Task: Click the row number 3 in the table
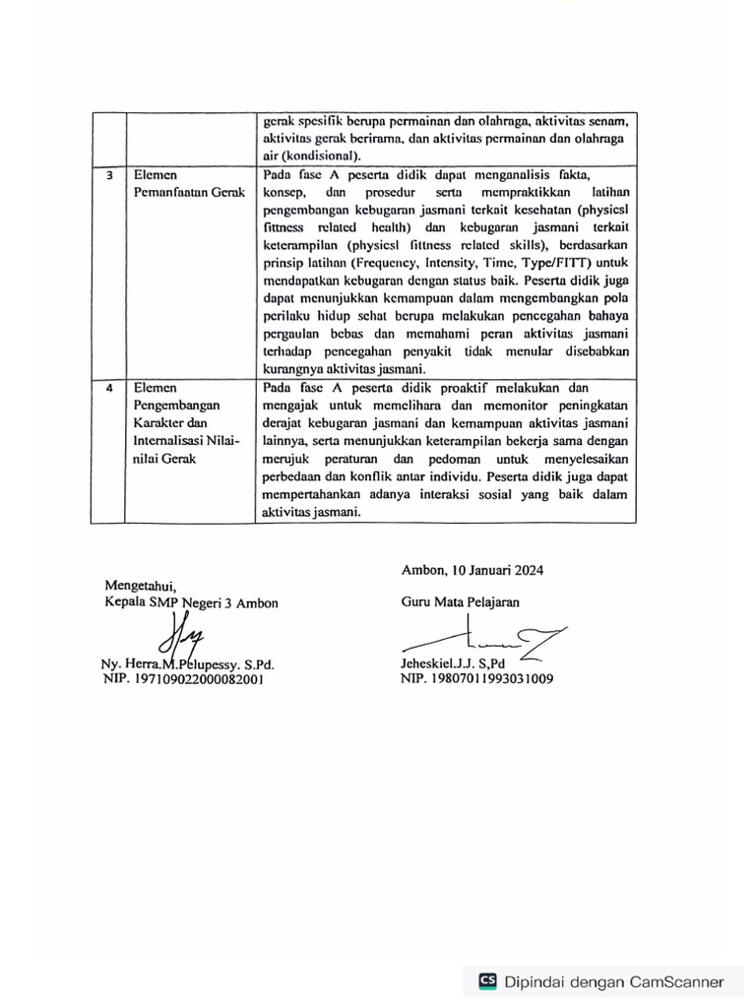point(109,175)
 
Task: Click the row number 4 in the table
point(109,388)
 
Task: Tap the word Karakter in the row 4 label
point(158,422)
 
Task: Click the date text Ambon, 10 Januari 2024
point(472,569)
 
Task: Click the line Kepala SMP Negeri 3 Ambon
point(191,602)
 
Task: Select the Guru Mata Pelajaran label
point(460,601)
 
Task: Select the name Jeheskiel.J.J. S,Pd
point(452,663)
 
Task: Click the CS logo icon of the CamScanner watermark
point(487,980)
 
